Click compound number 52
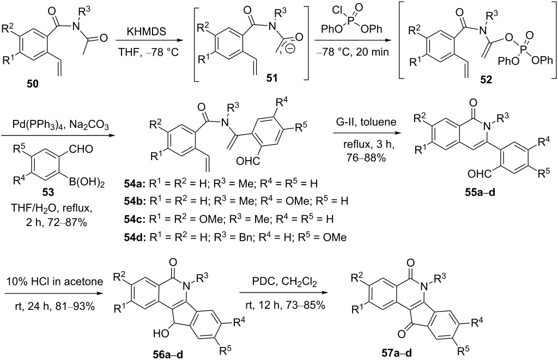coord(486,80)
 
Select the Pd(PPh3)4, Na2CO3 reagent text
coord(56,126)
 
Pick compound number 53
coord(48,192)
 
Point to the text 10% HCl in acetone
coord(54,282)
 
